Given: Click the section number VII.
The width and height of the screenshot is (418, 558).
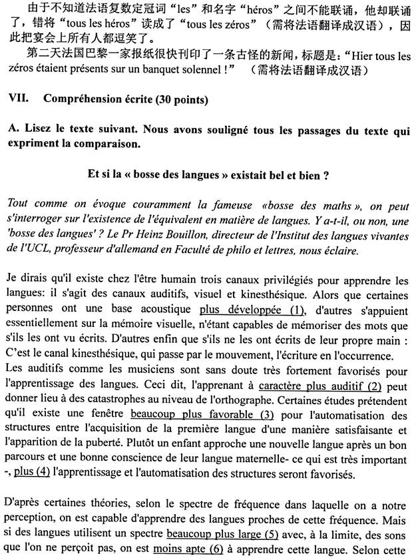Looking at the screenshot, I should (18, 99).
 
